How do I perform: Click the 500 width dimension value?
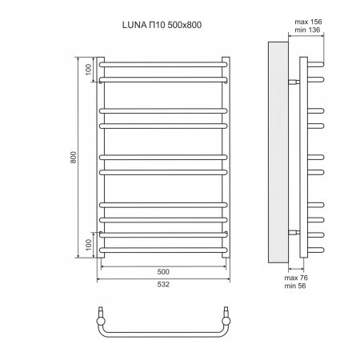(x=164, y=270)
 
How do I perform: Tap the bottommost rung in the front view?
(x=164, y=254)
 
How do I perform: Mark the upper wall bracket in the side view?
(x=294, y=82)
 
